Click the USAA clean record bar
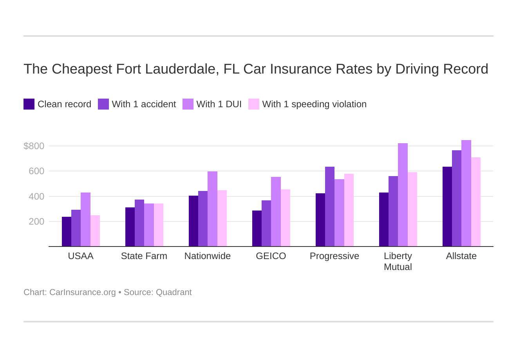(x=67, y=232)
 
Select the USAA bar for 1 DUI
(x=85, y=220)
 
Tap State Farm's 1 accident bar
(x=139, y=223)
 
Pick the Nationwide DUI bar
(x=212, y=209)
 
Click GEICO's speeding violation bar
(x=286, y=218)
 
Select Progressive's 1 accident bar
(x=330, y=207)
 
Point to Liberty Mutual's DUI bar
(x=403, y=195)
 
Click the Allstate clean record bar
(x=447, y=207)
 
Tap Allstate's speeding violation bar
(x=476, y=202)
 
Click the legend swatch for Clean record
(x=29, y=104)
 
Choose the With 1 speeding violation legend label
(x=314, y=104)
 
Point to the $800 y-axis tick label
(x=34, y=146)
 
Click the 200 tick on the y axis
(x=36, y=221)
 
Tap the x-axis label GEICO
(x=271, y=256)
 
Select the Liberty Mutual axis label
(x=398, y=261)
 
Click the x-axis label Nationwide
(x=208, y=256)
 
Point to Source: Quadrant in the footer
(x=157, y=292)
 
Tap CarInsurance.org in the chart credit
(x=82, y=292)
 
